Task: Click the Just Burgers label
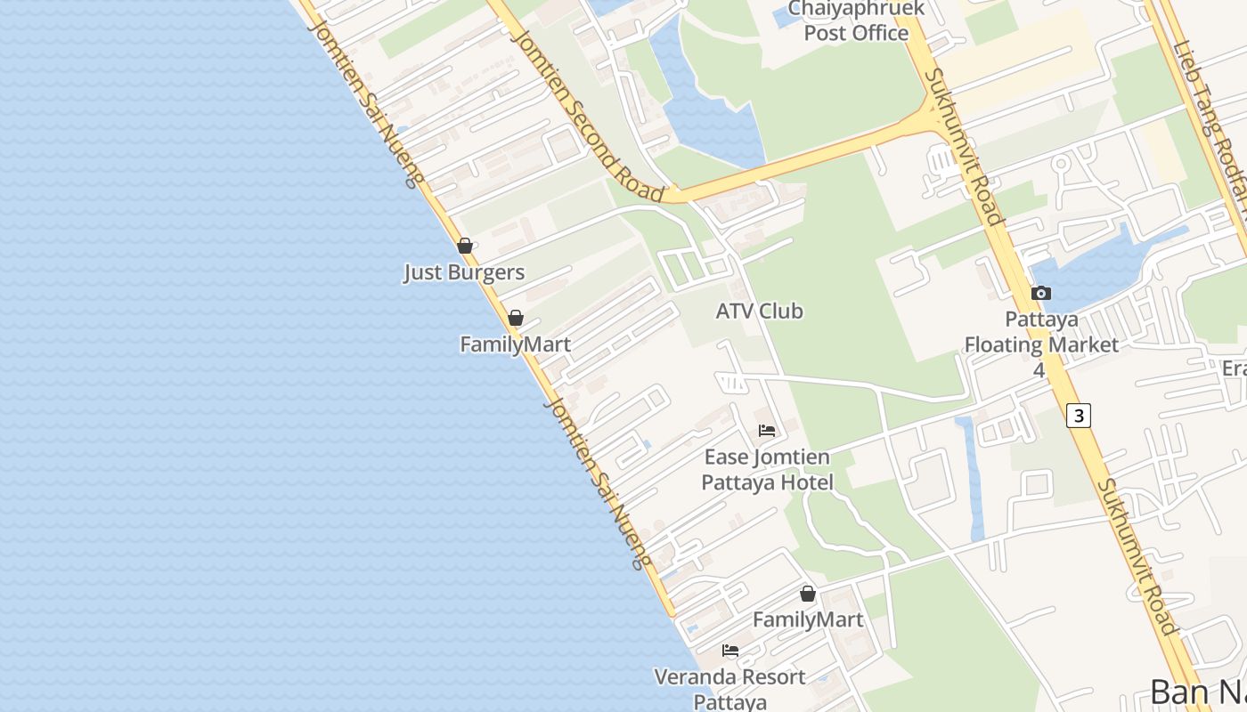coord(464,272)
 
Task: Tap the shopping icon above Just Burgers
coord(464,246)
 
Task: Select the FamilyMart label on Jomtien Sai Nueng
coord(515,344)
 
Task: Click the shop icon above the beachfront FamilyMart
coord(515,318)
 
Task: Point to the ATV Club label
coord(759,311)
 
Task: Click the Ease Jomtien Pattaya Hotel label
coord(767,470)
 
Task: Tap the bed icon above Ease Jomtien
coord(766,432)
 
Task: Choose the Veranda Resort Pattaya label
coord(729,689)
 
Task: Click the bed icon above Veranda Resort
coord(730,651)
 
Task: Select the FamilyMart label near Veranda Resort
coord(808,619)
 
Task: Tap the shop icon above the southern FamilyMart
coord(808,594)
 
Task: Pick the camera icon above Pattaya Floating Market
coord(1040,293)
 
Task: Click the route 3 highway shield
coord(1079,415)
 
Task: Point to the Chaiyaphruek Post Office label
coord(856,21)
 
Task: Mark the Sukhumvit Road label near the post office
coord(965,147)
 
